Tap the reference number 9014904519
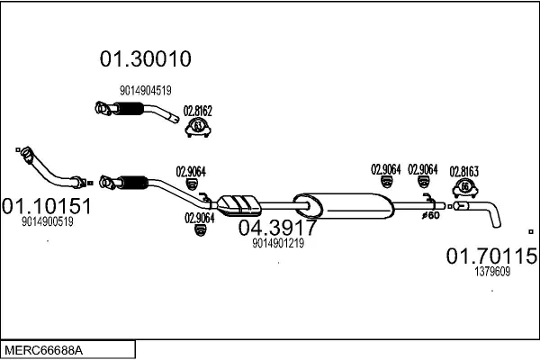point(145,90)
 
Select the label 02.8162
point(197,112)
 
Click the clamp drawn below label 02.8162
point(197,130)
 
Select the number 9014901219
point(277,242)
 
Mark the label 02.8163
point(463,169)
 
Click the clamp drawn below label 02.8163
point(465,188)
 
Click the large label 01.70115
point(491,256)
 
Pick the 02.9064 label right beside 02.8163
point(422,168)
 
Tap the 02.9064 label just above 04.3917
point(199,217)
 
